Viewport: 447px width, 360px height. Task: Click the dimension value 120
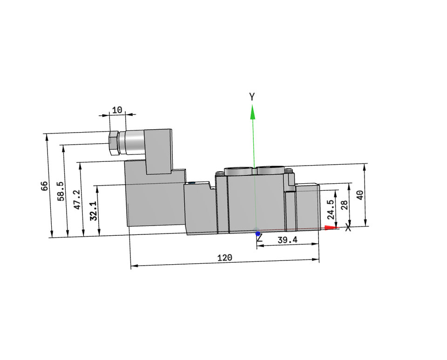coord(224,258)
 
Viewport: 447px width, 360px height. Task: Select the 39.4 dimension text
coord(287,240)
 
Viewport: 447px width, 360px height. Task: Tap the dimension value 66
coord(44,186)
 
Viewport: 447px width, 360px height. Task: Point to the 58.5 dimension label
coord(61,191)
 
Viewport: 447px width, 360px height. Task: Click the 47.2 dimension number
coord(77,200)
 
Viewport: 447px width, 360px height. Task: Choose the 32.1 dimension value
coord(94,211)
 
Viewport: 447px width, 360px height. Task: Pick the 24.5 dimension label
coord(331,209)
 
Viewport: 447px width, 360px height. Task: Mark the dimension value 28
coord(345,205)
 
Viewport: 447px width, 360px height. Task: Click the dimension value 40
coord(360,195)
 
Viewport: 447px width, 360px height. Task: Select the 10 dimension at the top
coord(117,110)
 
